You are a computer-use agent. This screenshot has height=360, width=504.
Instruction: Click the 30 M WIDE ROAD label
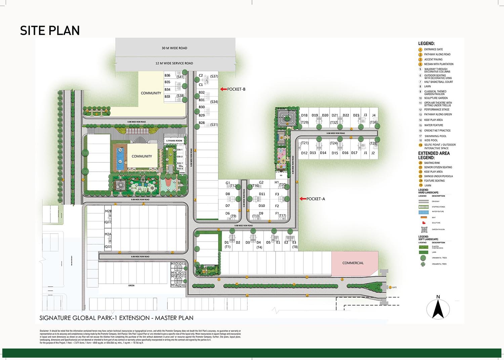(174, 48)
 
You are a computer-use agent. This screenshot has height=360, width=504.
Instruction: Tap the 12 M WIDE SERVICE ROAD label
(174, 63)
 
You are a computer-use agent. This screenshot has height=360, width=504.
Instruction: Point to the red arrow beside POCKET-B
(223, 89)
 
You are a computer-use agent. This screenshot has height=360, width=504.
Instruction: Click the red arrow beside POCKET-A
(302, 199)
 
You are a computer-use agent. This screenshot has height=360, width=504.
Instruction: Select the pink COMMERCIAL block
(353, 263)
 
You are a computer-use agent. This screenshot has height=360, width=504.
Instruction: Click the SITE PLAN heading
(50, 31)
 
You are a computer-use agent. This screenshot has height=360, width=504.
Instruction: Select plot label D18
(304, 115)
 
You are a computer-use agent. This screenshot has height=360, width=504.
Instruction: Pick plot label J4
(374, 115)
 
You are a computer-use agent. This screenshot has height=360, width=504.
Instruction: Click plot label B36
(167, 76)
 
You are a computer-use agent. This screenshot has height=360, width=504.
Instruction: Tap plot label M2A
(108, 234)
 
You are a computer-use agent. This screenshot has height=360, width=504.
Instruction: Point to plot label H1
(277, 183)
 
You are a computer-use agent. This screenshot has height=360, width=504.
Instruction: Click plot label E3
(294, 242)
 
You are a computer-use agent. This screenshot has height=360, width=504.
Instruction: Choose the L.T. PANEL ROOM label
(174, 141)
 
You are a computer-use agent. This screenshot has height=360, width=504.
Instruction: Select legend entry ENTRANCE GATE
(433, 49)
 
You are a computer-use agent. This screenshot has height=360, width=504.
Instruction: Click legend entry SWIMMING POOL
(435, 136)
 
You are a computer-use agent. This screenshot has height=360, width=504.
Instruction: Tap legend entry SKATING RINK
(432, 163)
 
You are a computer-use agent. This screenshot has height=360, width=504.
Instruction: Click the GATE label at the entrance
(394, 287)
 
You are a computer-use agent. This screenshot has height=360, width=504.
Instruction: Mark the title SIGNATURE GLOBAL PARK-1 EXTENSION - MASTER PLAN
(116, 318)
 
